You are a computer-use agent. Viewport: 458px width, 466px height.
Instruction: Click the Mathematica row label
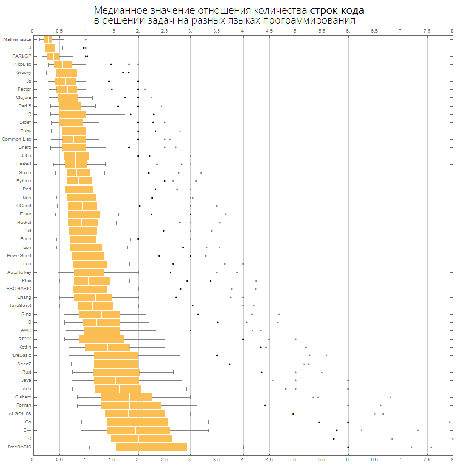pos(17,39)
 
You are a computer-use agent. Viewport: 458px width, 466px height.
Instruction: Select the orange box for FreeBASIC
pos(151,447)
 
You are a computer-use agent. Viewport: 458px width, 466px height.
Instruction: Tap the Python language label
pos(24,181)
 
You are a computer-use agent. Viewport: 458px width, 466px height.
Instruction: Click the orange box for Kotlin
pos(107,347)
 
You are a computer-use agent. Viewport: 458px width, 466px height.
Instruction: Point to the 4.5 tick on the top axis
pos(269,31)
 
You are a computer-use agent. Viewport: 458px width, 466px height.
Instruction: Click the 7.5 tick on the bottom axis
pos(427,459)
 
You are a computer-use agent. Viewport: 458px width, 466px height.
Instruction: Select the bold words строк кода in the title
pos(337,10)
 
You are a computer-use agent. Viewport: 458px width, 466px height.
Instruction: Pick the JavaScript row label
pos(20,306)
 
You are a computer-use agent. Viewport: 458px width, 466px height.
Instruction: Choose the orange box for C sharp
pos(127,397)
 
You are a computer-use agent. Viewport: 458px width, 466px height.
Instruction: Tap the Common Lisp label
pos(16,139)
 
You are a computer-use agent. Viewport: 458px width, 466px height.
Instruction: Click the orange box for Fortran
pos(131,405)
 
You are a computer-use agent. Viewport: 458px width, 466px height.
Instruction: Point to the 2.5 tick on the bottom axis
pos(164,459)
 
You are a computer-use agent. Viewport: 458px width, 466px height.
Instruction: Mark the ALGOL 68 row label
pos(19,414)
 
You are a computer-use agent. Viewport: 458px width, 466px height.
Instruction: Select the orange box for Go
pos(137,422)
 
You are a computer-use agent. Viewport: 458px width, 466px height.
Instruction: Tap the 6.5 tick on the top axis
pos(374,31)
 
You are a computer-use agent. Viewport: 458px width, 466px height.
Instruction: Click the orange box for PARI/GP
pos(54,56)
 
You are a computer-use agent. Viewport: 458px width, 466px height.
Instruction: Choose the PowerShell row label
pos(19,256)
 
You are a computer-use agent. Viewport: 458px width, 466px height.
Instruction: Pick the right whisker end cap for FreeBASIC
pos(243,447)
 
